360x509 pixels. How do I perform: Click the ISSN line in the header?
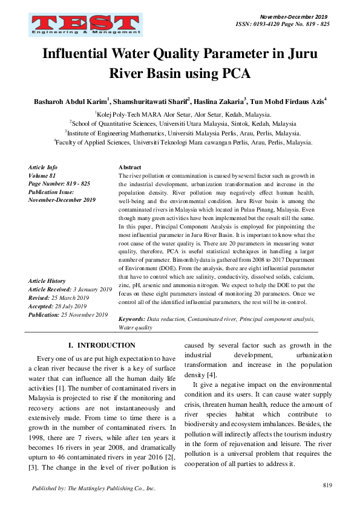tap(282, 24)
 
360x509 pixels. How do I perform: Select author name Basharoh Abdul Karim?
tap(71, 101)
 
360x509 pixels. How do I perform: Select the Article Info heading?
tap(43, 166)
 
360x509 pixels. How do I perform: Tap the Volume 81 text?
tap(42, 175)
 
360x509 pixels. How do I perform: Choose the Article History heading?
tap(47, 281)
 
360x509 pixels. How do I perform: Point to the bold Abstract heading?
tap(130, 166)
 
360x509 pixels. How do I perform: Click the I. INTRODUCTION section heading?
tap(102, 345)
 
